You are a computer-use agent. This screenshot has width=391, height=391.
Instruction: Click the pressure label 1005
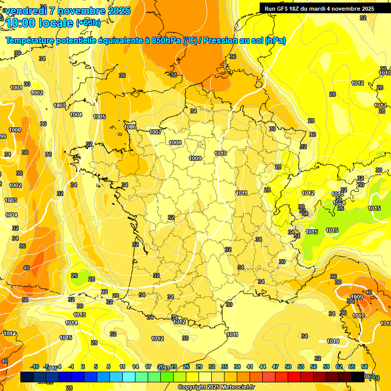99,117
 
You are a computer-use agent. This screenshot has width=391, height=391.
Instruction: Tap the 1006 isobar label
130,127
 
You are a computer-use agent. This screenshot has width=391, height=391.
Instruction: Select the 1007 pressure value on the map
156,132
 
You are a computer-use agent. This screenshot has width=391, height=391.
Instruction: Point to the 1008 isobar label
176,143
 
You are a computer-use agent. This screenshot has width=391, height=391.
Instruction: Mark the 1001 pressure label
16,88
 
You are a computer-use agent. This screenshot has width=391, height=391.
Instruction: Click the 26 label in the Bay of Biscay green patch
74,275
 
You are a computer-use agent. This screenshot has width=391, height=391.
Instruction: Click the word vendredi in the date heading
27,11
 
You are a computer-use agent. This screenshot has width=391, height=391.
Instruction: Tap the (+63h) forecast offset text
88,23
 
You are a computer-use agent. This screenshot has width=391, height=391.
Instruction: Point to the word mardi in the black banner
317,9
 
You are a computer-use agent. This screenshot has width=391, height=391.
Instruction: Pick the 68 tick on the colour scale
365,367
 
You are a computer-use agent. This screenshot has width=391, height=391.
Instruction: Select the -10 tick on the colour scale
35,367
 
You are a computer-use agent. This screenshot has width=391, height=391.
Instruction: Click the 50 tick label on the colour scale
288,367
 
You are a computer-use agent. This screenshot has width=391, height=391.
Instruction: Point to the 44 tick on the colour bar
263,367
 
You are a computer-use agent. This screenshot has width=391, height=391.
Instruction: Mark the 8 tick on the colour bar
108,367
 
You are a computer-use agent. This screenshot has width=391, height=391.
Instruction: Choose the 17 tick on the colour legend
148,367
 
